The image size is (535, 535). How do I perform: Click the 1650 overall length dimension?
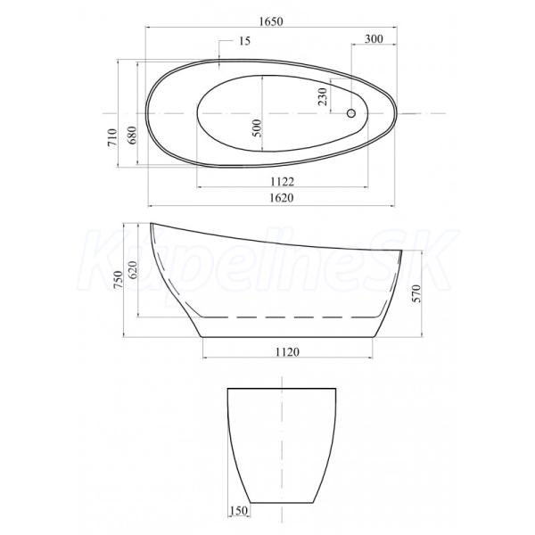click(x=271, y=21)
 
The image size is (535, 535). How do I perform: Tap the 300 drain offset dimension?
click(x=374, y=39)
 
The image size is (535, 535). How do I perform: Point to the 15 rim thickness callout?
click(x=244, y=41)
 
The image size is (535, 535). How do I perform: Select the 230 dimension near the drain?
click(x=323, y=96)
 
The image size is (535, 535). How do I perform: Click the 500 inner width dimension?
click(x=258, y=128)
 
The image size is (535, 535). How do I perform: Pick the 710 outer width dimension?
click(x=113, y=137)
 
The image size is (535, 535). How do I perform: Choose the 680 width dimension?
click(x=132, y=136)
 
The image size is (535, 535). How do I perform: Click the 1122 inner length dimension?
click(x=282, y=182)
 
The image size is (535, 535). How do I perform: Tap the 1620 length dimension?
click(x=282, y=198)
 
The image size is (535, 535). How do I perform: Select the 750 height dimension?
click(x=118, y=279)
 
